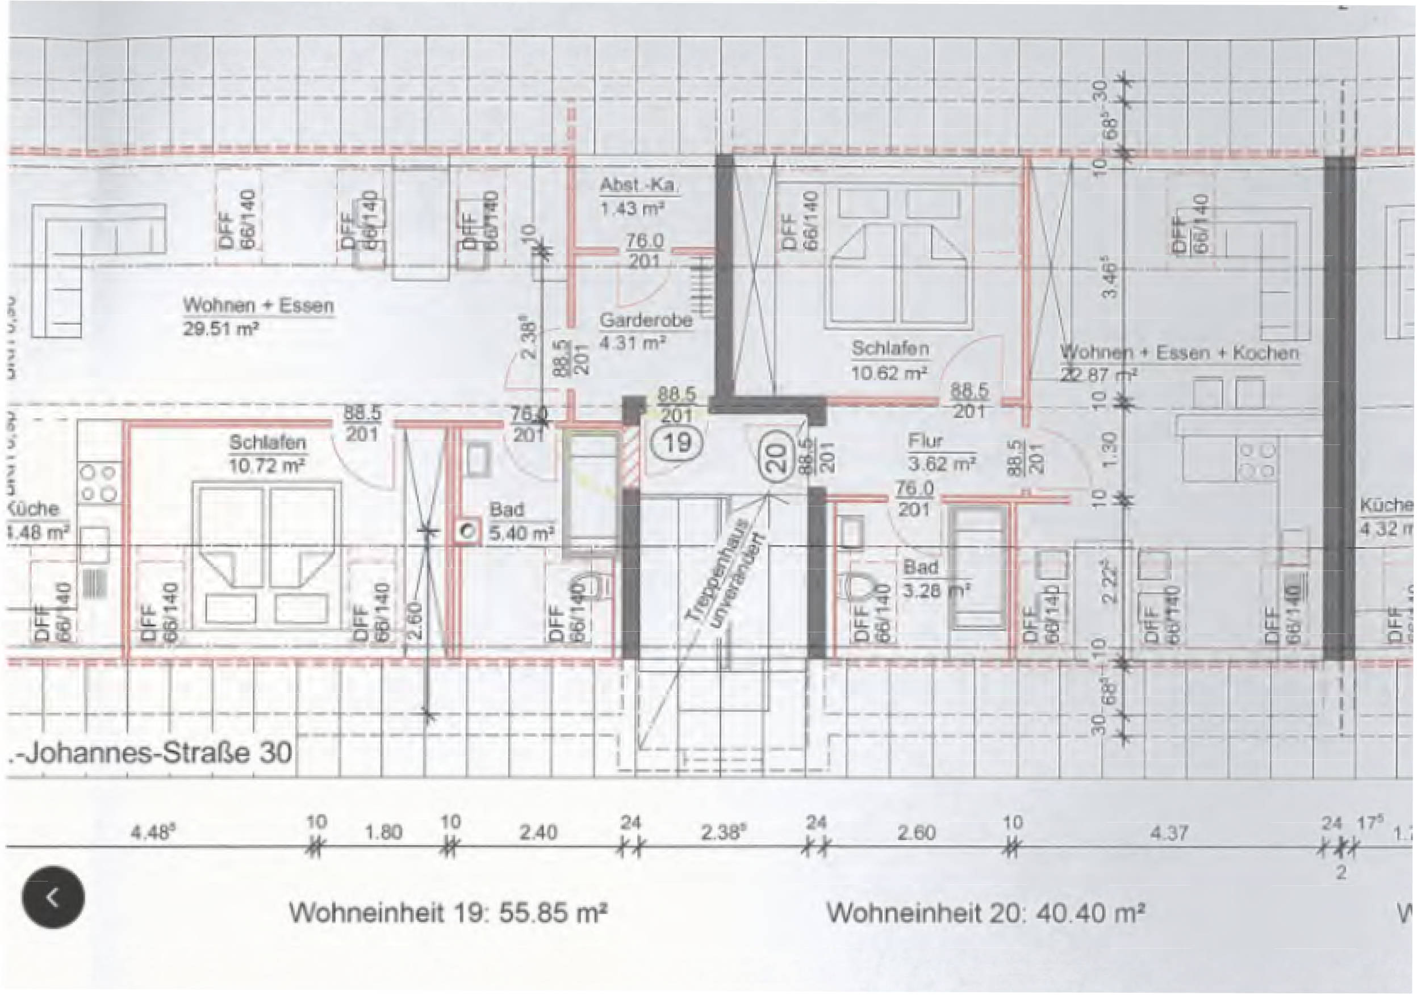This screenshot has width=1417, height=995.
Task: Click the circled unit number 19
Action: (677, 442)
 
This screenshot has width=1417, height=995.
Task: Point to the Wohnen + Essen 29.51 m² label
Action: (257, 316)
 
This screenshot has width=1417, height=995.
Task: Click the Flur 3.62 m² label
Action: (941, 452)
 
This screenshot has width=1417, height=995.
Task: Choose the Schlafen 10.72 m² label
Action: (267, 454)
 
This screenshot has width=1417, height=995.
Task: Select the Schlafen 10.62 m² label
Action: (890, 360)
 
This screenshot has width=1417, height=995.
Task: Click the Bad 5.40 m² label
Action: (521, 522)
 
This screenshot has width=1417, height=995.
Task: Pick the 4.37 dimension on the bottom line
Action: (1168, 833)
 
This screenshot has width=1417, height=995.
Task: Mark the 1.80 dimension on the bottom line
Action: (383, 833)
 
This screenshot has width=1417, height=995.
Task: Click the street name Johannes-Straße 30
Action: (151, 754)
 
